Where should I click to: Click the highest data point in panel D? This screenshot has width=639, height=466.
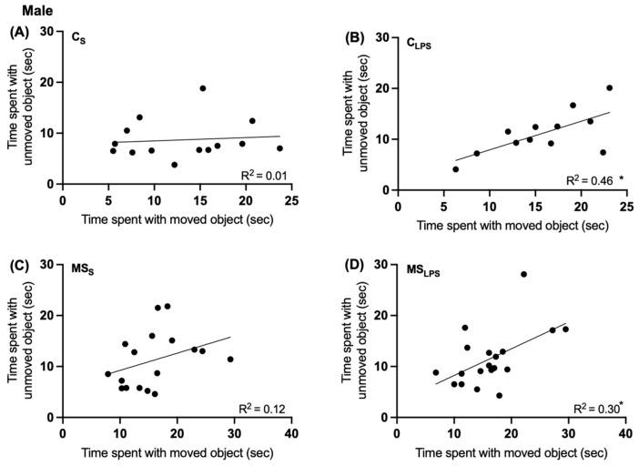coord(523,274)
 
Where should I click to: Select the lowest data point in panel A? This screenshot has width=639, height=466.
coord(174,165)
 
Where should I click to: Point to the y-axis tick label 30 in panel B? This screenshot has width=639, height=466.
coord(383,38)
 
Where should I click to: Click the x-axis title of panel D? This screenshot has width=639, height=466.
coord(511,452)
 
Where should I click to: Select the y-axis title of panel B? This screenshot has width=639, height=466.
coord(355,114)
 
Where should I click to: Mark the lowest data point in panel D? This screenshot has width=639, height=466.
coord(499,395)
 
